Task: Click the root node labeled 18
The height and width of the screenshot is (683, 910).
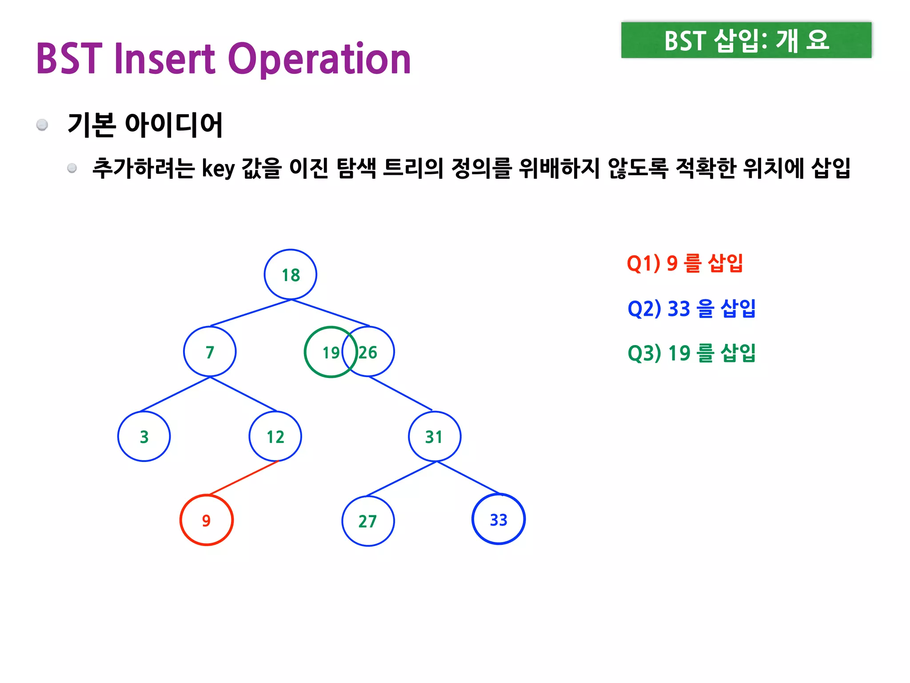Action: tap(291, 275)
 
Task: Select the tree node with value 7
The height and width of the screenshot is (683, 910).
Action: tap(210, 352)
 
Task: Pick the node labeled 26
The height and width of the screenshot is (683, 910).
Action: tap(373, 352)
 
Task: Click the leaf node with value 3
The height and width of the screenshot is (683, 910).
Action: tap(144, 437)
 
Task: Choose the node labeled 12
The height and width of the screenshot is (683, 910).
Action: tap(275, 437)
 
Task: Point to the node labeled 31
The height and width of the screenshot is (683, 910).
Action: tap(435, 437)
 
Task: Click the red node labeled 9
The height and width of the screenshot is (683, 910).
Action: tap(207, 520)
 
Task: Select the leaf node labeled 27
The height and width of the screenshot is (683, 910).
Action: tap(368, 521)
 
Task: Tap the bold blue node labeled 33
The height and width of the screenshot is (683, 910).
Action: tap(499, 519)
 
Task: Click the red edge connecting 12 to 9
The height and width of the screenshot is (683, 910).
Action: tap(243, 478)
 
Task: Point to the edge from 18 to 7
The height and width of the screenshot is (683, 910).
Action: tap(250, 313)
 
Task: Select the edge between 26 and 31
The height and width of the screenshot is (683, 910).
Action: tap(400, 393)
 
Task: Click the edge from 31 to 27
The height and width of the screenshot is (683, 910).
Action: tap(402, 479)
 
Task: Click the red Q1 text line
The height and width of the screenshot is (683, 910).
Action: tap(685, 263)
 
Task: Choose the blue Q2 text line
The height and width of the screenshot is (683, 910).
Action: tap(691, 309)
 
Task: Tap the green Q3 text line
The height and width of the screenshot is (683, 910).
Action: tap(691, 353)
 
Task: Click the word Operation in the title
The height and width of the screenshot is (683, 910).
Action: tap(319, 59)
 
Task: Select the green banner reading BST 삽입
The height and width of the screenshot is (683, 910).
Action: tap(746, 40)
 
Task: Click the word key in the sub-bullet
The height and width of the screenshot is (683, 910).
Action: tap(218, 169)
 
